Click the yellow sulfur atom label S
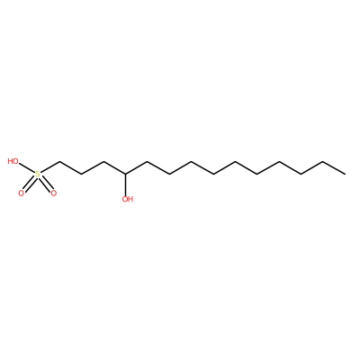(x=38, y=174)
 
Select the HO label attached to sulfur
(x=13, y=161)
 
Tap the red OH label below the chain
(x=128, y=199)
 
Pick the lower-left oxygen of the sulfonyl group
(x=21, y=193)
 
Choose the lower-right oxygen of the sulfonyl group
(x=54, y=193)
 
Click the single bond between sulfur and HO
(x=27, y=168)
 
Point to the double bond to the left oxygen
(x=29, y=184)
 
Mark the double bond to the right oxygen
(x=46, y=184)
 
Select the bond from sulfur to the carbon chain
(x=49, y=168)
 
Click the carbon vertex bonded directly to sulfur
(x=59, y=162)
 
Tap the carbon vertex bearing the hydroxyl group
(x=126, y=175)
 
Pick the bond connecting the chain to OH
(x=126, y=184)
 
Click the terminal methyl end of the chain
(x=345, y=174)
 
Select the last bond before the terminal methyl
(x=334, y=168)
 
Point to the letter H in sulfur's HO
(x=11, y=161)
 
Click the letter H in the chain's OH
(x=130, y=199)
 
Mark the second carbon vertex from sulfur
(x=82, y=175)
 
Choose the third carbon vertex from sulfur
(x=103, y=162)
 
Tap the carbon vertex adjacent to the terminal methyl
(x=323, y=162)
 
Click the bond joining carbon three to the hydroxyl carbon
(x=115, y=168)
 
